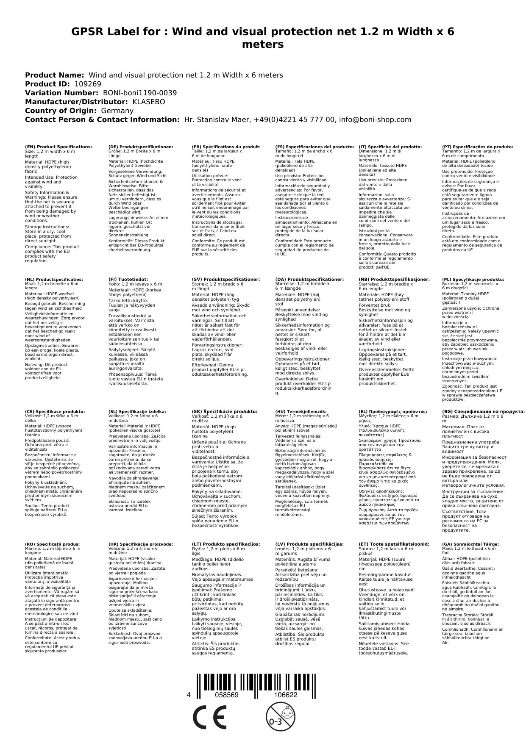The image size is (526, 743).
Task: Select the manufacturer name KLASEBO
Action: click(x=149, y=102)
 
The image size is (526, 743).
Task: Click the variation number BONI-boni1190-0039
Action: click(x=140, y=93)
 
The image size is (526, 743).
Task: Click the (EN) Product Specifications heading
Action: click(x=58, y=147)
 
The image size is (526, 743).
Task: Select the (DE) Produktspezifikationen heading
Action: click(x=141, y=147)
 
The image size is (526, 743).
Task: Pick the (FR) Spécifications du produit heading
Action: click(x=226, y=147)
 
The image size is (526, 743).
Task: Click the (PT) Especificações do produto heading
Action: click(x=477, y=147)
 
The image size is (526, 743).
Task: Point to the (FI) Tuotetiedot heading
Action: click(x=128, y=279)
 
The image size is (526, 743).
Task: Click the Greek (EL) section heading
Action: click(x=392, y=411)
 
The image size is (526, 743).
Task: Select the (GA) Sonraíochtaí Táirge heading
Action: click(x=470, y=543)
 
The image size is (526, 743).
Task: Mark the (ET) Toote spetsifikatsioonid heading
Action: click(x=394, y=543)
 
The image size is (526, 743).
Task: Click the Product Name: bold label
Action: click(x=54, y=75)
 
